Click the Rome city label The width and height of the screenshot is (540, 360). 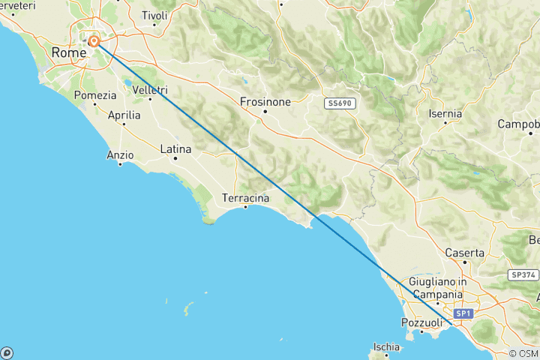point(69,52)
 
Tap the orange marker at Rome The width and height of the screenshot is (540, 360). point(94,41)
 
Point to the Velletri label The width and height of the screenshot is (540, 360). point(149,89)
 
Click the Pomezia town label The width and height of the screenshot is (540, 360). point(96,95)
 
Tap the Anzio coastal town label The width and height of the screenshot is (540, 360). point(120,155)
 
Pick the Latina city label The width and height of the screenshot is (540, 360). point(176,150)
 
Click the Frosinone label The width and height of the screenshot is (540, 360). point(265,102)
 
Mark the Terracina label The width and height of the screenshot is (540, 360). point(245,198)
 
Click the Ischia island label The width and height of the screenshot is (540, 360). point(386,347)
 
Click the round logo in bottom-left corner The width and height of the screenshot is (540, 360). point(7,352)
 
